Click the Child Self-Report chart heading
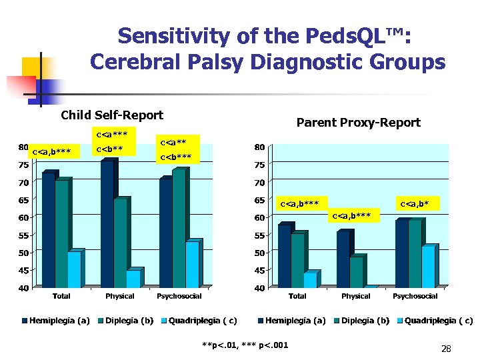(111, 115)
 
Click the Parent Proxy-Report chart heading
(358, 123)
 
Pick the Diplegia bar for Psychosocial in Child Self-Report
(179, 229)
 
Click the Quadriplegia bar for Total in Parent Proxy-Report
(310, 280)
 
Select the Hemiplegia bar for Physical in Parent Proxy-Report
(343, 259)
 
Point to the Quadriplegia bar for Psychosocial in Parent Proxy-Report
(428, 267)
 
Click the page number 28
(446, 349)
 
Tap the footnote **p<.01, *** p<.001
(245, 344)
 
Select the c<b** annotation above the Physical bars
(109, 149)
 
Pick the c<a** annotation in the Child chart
(174, 142)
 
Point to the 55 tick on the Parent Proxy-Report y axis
(259, 235)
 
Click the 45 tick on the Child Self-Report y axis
(23, 271)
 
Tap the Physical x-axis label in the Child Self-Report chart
(120, 296)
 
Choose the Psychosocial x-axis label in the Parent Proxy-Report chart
(415, 296)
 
